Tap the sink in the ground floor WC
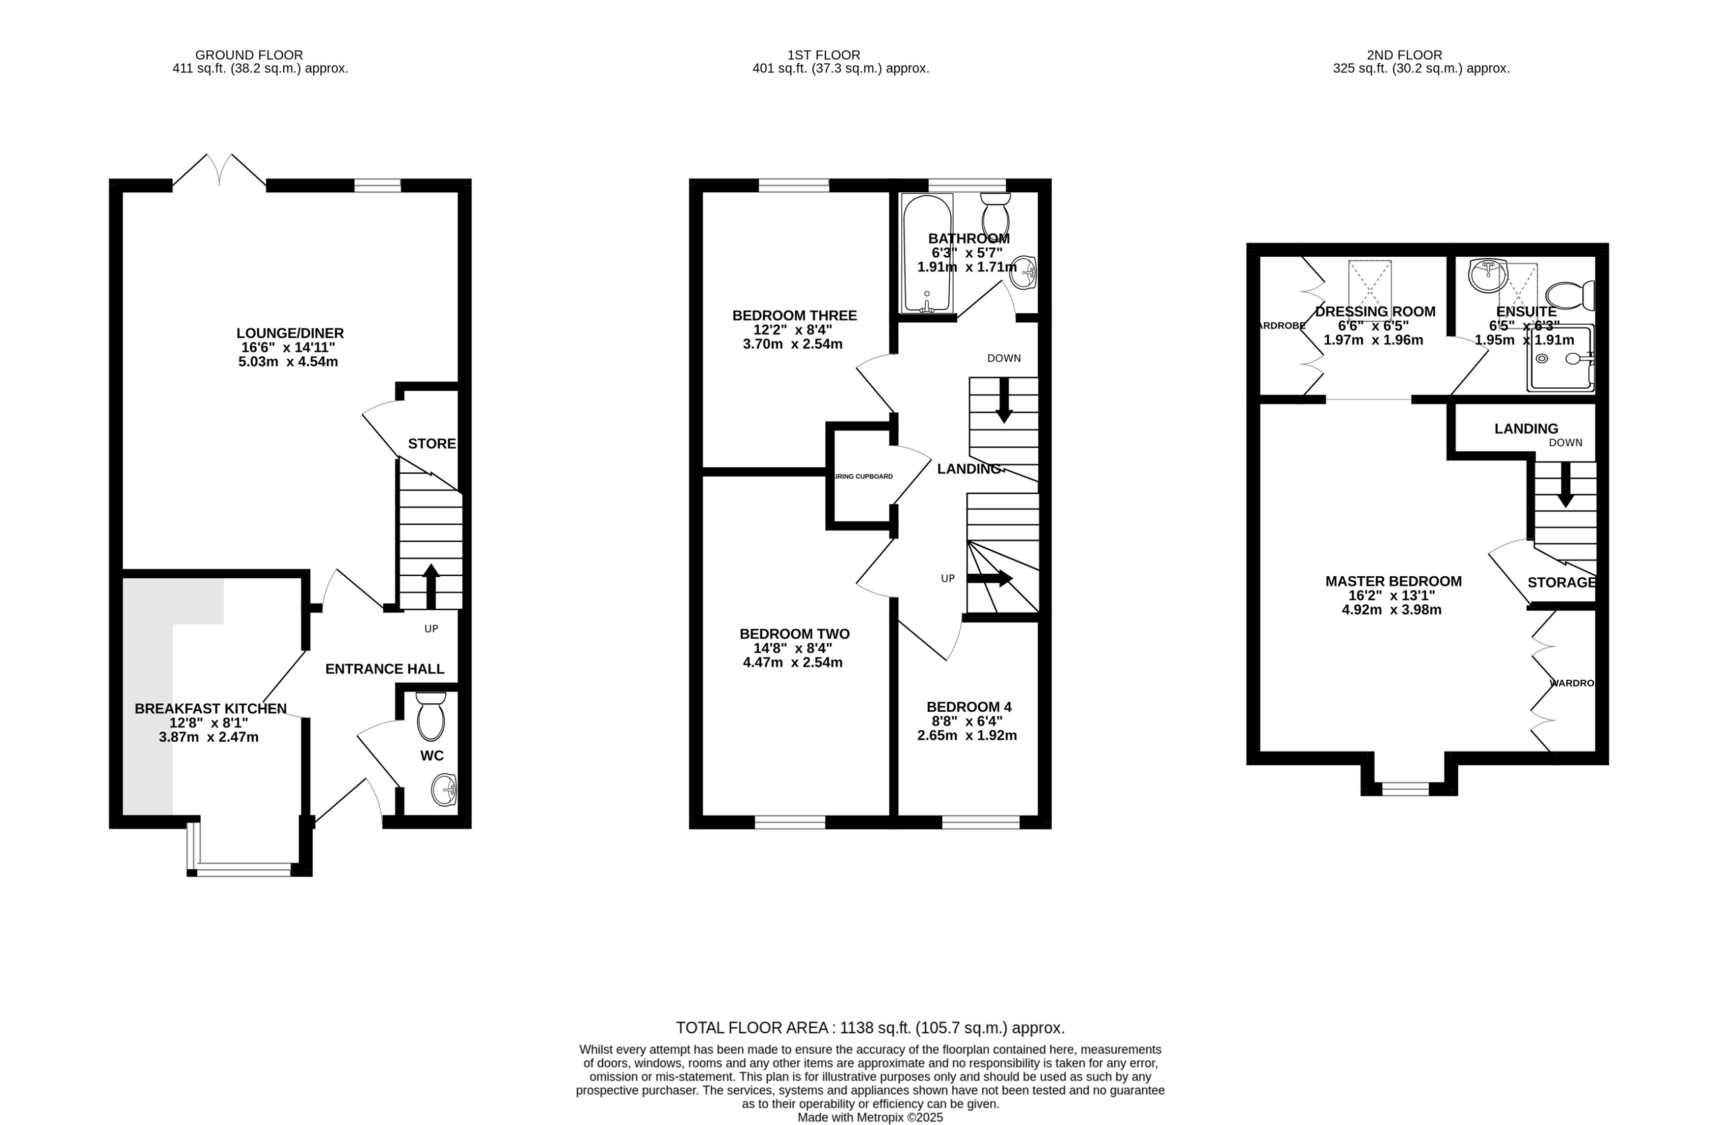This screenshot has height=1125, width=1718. tap(443, 790)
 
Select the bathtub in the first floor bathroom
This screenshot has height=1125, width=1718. tap(927, 253)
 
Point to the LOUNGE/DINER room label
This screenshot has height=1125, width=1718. tap(290, 333)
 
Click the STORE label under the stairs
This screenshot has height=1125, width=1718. tap(431, 444)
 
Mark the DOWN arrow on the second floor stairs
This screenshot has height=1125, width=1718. tap(1565, 485)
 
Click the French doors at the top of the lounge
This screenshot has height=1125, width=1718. tap(219, 170)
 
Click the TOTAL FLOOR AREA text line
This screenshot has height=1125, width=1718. tap(869, 1028)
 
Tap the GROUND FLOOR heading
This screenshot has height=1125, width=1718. tap(249, 55)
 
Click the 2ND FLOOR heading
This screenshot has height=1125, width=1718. tap(1404, 55)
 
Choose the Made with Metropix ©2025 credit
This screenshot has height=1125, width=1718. tap(869, 1117)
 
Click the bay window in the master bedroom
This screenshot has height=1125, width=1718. tap(1405, 789)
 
